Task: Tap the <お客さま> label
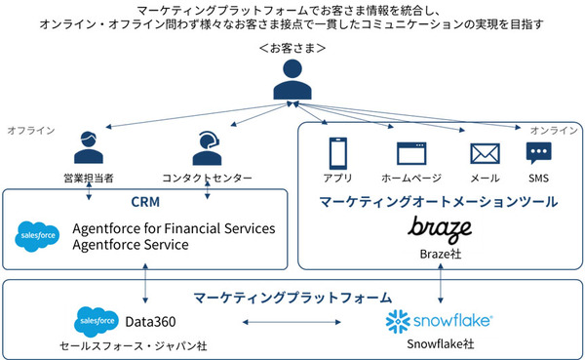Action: [292, 48]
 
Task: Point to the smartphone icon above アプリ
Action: [338, 152]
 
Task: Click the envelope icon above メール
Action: [485, 153]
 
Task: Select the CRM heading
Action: [145, 202]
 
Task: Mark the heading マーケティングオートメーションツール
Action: [438, 202]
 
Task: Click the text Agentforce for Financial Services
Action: [174, 228]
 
